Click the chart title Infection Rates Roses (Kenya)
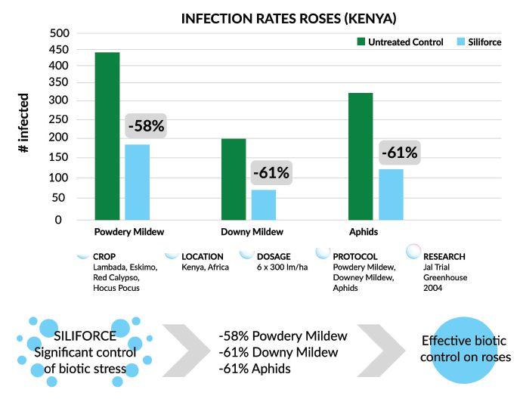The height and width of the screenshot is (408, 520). (289, 17)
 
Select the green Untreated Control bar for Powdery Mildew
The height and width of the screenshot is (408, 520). (107, 136)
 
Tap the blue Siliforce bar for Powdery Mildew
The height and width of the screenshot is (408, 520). (137, 181)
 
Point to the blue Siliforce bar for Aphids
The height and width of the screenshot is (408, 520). (391, 194)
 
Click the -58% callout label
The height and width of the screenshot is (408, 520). (146, 125)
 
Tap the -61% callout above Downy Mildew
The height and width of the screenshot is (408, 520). (271, 172)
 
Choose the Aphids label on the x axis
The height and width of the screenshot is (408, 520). (363, 232)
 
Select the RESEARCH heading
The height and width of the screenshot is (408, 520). (445, 256)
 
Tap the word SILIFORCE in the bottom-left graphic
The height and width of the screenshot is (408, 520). (85, 335)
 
